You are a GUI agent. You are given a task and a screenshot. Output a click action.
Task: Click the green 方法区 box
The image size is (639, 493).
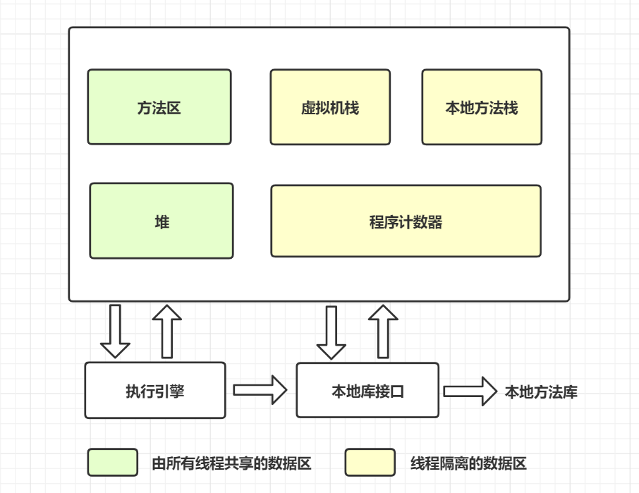click(x=159, y=107)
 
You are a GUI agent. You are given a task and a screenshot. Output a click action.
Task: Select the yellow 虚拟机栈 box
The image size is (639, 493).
click(x=330, y=107)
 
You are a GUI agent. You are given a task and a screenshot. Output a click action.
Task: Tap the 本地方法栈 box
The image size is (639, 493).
click(x=482, y=107)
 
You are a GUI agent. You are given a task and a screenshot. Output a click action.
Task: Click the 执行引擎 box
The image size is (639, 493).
click(x=155, y=390)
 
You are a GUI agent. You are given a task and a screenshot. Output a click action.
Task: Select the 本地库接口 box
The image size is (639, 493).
click(x=367, y=390)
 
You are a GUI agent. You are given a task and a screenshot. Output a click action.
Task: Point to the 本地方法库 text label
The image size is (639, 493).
click(x=541, y=392)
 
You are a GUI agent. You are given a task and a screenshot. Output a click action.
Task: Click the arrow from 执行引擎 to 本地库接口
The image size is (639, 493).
click(x=260, y=390)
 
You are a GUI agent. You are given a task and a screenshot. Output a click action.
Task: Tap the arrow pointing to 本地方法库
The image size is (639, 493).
click(x=470, y=391)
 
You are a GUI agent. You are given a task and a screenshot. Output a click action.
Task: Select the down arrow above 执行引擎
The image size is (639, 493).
click(x=115, y=331)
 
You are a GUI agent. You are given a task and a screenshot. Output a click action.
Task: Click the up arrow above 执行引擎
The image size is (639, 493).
click(x=167, y=331)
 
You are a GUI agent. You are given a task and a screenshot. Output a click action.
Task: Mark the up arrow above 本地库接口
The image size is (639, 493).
click(x=383, y=331)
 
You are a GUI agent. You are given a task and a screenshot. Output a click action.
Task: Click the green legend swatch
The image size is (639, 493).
click(x=113, y=463)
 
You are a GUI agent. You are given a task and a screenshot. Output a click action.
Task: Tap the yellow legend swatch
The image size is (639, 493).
click(x=370, y=463)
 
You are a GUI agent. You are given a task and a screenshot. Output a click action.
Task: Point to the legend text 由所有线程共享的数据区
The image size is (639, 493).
click(x=231, y=463)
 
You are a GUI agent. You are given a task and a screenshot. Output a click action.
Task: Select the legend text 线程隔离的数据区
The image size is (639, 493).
click(x=468, y=463)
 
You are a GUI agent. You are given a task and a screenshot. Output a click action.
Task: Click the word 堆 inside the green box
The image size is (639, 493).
click(x=162, y=222)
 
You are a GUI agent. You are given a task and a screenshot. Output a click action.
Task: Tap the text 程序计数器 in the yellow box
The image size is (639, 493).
click(x=406, y=222)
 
